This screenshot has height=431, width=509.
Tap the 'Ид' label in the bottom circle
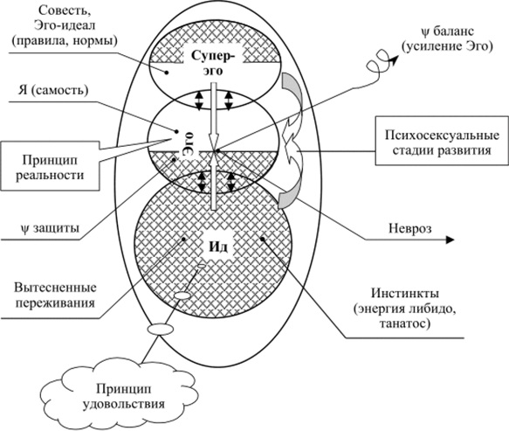tap(216, 245)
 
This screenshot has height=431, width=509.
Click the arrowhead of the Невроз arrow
tap(449, 239)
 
